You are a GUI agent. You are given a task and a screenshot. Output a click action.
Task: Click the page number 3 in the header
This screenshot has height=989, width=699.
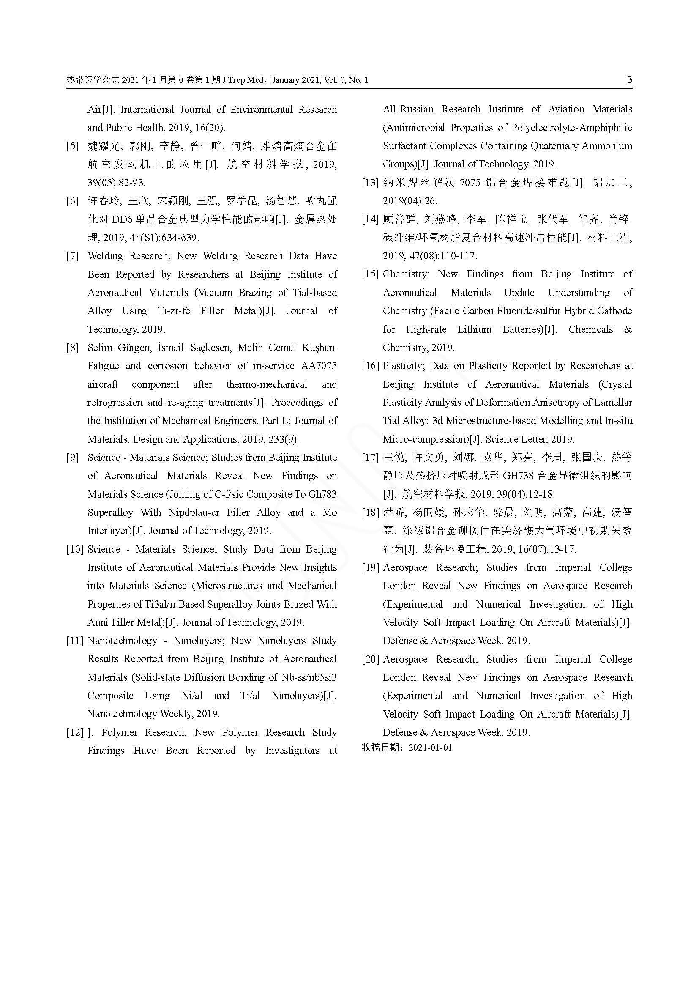(x=629, y=79)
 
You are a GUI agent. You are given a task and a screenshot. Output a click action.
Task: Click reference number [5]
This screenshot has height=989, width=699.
(x=72, y=146)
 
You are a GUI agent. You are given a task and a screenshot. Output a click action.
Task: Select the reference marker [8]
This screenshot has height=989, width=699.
(x=72, y=348)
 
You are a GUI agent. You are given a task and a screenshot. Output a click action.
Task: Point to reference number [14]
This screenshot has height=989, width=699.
(x=370, y=219)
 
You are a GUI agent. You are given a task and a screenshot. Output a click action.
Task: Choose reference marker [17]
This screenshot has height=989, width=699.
(x=370, y=458)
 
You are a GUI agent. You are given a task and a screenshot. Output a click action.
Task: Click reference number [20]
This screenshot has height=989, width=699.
(x=370, y=659)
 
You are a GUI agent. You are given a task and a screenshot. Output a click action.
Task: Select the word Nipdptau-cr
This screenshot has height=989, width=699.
(x=194, y=512)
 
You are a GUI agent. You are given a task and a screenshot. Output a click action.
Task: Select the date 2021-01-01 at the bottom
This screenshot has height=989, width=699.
(x=430, y=747)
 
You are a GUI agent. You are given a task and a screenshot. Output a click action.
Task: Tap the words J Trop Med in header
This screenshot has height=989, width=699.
(x=242, y=80)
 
